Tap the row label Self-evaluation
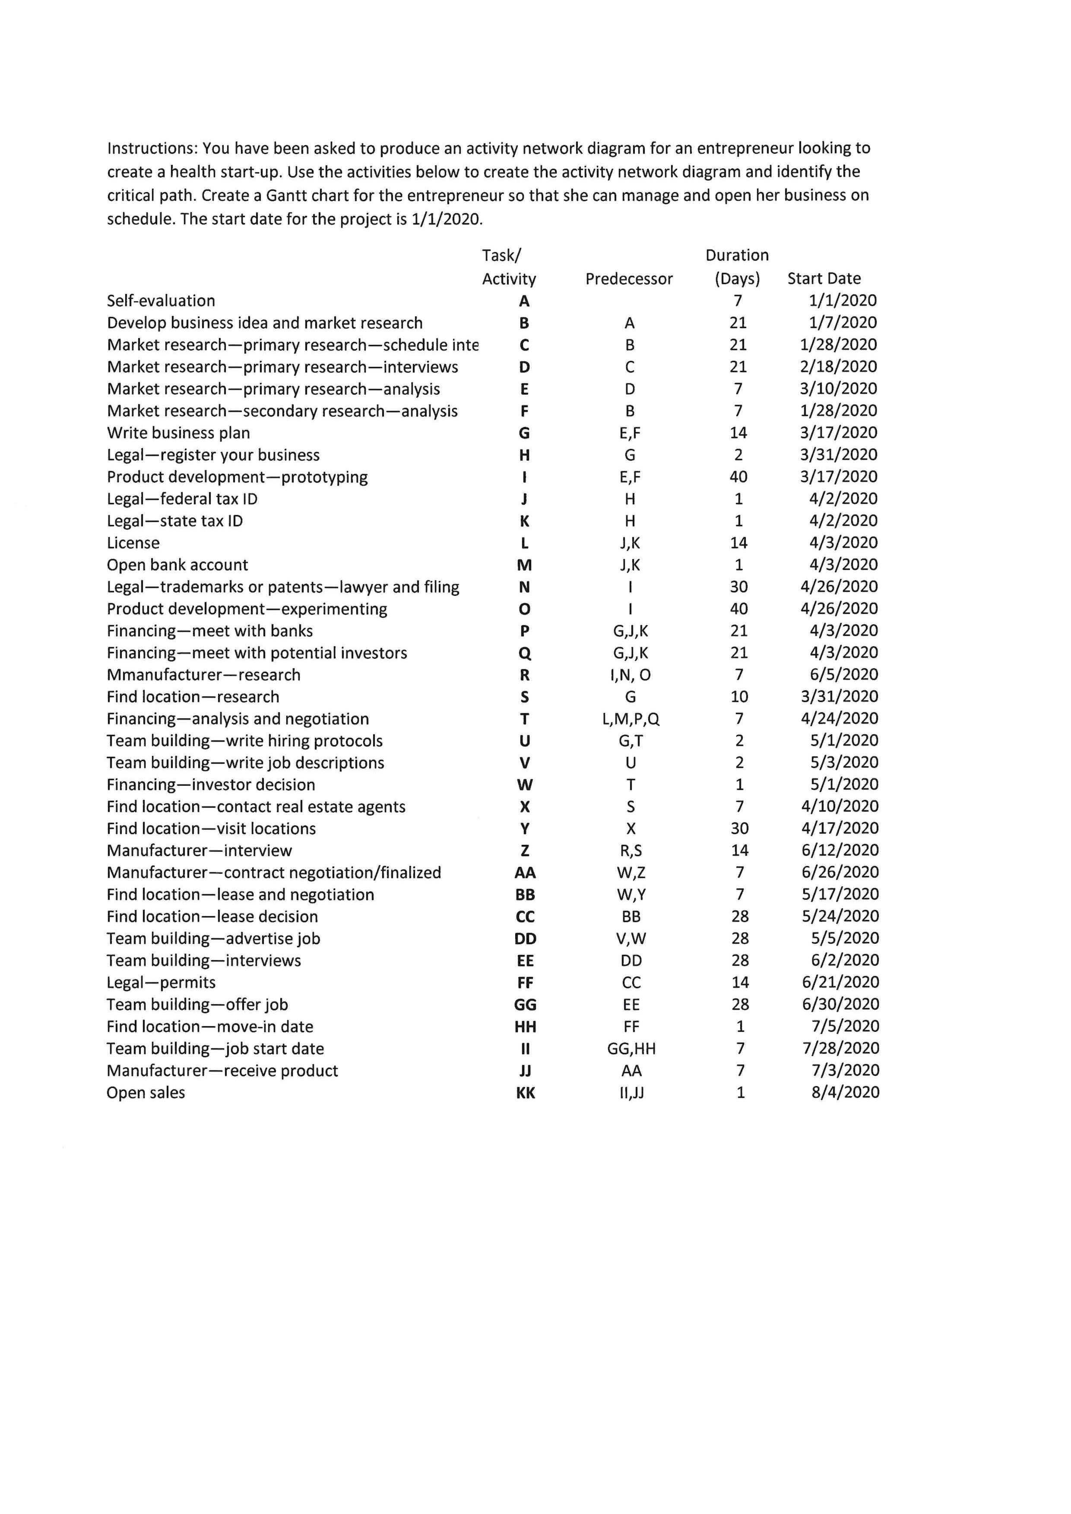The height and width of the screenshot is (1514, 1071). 161,301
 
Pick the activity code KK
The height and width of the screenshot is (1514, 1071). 525,1093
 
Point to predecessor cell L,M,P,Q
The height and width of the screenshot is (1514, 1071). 631,719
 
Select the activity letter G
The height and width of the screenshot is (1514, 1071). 524,433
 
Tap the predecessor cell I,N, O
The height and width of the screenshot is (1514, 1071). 631,675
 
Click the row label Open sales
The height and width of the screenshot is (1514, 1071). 146,1093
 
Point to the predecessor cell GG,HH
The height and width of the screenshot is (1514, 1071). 631,1049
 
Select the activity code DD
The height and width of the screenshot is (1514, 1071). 525,939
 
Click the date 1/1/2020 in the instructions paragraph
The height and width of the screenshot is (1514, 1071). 447,219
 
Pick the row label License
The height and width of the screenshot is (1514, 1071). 133,543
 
